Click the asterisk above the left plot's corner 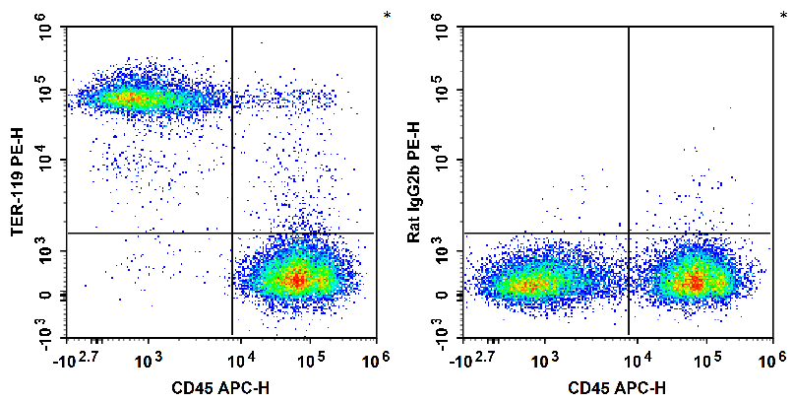[387, 16]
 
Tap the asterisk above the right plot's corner [782, 16]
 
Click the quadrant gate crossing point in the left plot [232, 233]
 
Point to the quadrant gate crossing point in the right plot [628, 233]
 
